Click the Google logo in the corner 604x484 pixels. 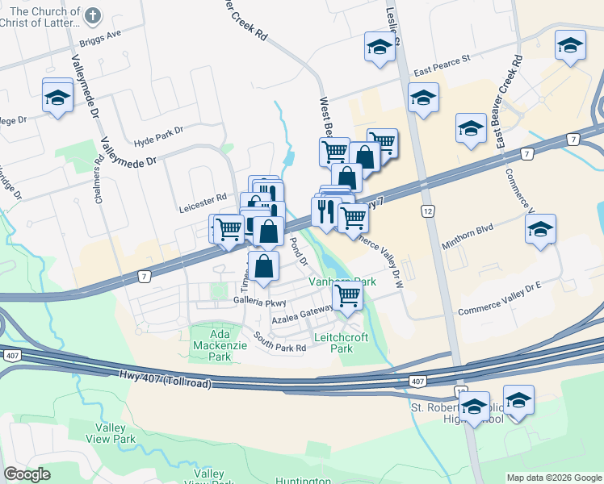click(x=27, y=474)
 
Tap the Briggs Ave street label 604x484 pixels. click(x=100, y=37)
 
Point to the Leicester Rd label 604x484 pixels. click(x=203, y=198)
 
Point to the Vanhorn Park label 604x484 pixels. click(x=343, y=282)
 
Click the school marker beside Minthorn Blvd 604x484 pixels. click(x=540, y=230)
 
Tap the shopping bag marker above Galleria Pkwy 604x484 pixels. click(x=263, y=266)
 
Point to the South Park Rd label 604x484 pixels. click(x=279, y=343)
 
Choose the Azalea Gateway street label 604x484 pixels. click(x=302, y=315)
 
